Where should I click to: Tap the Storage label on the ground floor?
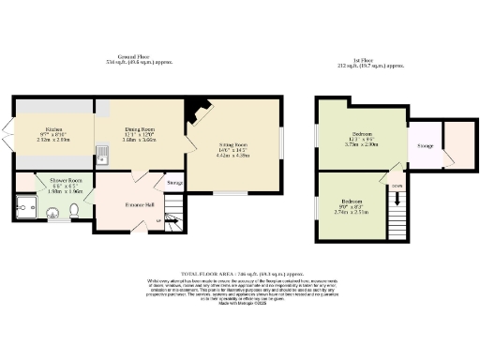coord(175,182)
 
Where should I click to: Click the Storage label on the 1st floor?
coord(425,145)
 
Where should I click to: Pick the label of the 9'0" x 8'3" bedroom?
coord(352,202)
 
